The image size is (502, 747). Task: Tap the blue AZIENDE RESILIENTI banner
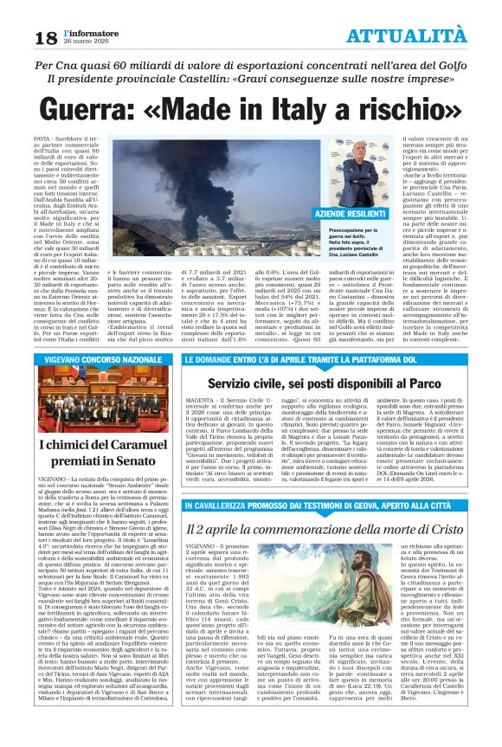[x=355, y=236]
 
